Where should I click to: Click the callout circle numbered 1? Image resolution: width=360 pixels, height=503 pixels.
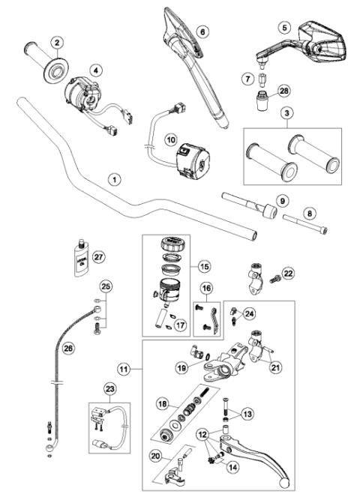[113, 179]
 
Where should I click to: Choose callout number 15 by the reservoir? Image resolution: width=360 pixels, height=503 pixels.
[204, 265]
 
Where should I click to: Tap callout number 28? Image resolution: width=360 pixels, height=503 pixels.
[283, 91]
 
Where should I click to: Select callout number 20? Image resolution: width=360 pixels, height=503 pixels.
[155, 455]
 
